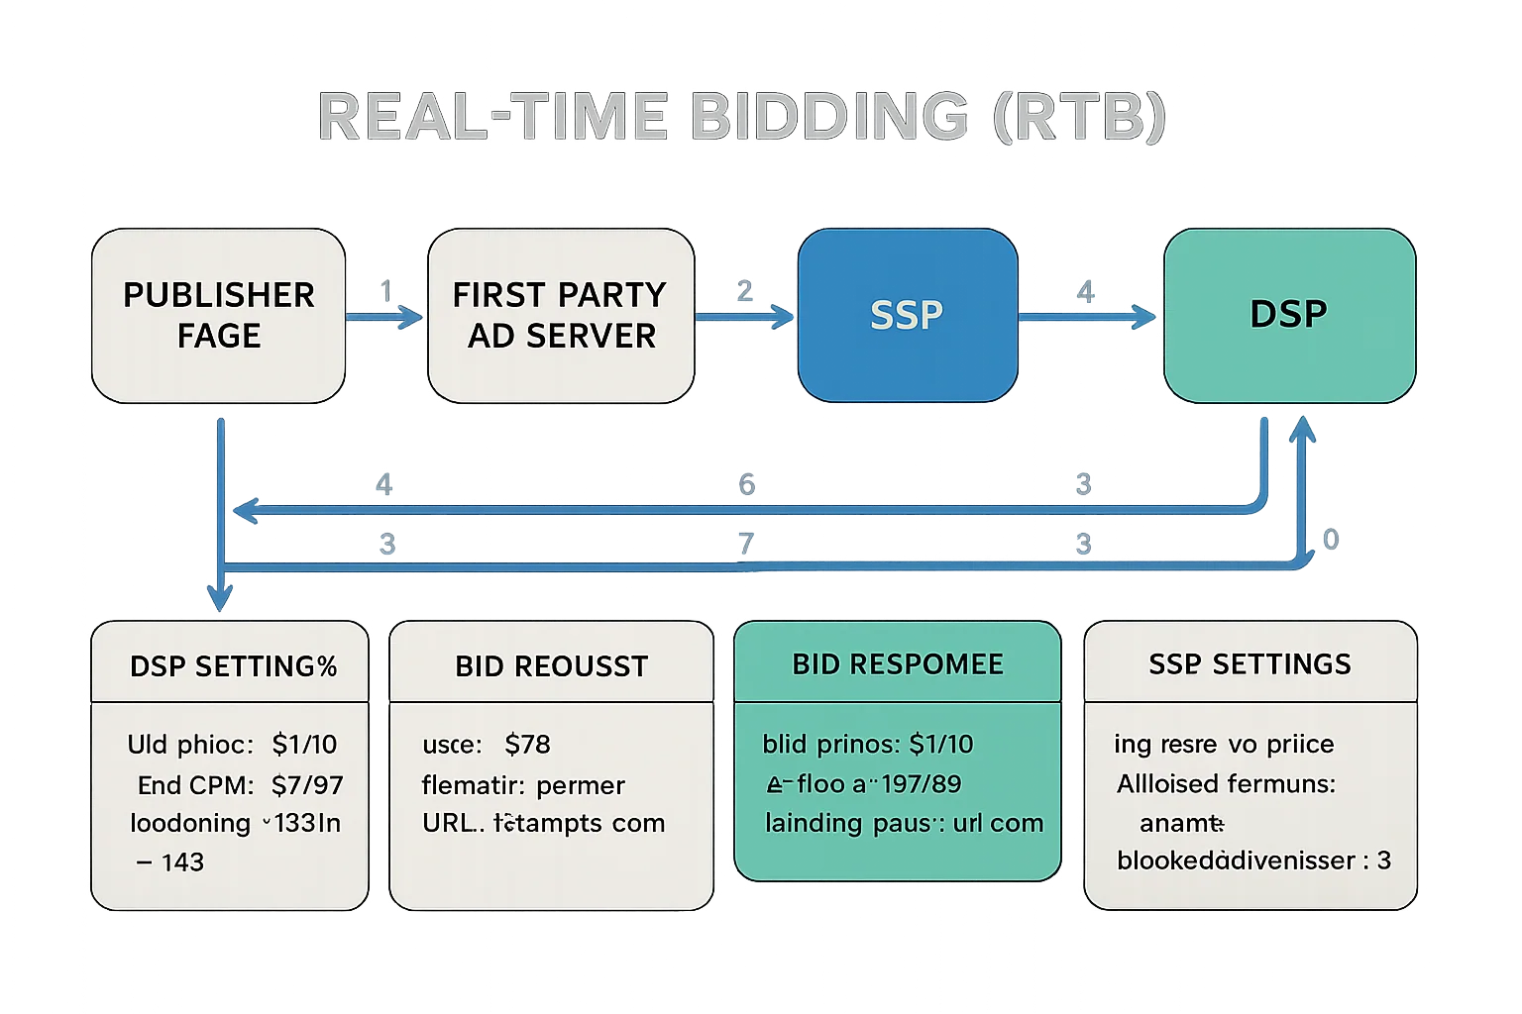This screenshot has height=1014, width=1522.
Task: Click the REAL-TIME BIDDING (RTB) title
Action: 741,117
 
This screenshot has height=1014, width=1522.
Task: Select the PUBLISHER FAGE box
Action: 218,315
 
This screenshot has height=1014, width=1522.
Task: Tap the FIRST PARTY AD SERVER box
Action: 561,315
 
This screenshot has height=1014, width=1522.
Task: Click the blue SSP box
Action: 907,315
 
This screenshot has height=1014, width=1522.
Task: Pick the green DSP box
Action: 1288,315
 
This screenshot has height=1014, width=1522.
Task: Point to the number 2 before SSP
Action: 744,291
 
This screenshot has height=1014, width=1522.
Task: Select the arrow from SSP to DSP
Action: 1088,317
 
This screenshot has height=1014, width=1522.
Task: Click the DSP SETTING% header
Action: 233,666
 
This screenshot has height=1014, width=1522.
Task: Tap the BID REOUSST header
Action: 551,666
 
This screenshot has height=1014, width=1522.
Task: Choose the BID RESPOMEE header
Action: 898,664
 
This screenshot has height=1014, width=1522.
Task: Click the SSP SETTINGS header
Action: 1250,664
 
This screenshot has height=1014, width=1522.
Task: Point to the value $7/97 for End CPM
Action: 307,785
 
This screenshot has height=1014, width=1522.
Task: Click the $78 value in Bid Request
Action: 527,745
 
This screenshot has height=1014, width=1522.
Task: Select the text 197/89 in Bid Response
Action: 921,784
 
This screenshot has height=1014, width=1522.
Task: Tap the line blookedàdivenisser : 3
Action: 1253,861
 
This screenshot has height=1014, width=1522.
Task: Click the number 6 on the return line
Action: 747,485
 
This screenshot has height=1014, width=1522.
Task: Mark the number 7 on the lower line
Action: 746,544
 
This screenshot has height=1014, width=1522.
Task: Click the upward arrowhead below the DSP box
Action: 1302,428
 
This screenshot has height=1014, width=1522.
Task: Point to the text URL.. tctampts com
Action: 543,824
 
